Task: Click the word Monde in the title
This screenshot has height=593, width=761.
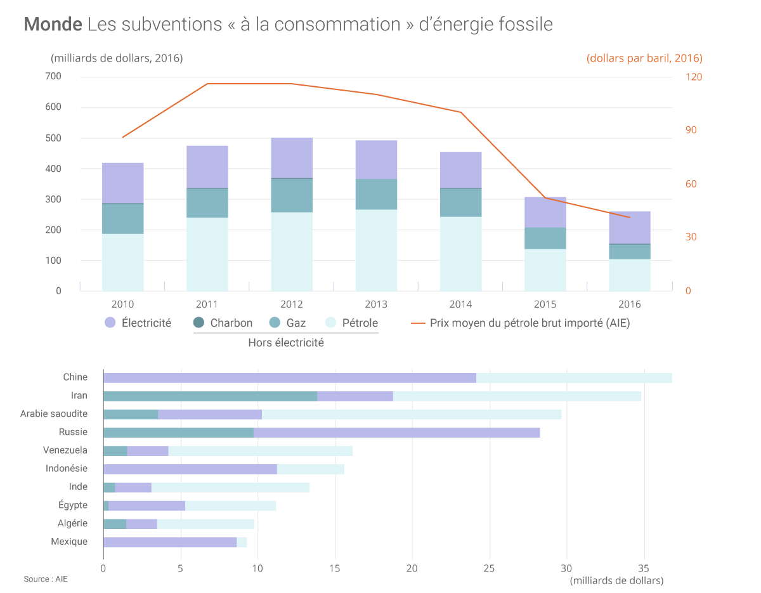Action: tap(53, 24)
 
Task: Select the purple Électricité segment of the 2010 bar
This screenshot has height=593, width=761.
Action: tap(122, 183)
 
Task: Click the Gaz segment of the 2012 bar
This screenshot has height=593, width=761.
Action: tap(292, 195)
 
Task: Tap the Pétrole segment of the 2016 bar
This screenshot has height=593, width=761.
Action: tap(630, 275)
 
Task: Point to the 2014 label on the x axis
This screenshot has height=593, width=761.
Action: tap(460, 304)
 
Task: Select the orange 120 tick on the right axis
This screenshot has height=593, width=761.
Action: tap(694, 77)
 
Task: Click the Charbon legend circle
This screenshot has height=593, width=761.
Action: tap(199, 323)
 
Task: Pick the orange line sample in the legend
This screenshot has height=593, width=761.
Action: tap(417, 323)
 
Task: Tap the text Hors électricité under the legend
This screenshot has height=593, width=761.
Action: tap(286, 342)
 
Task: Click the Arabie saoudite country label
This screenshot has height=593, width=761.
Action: tap(54, 414)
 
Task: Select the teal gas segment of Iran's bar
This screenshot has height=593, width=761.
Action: tap(210, 396)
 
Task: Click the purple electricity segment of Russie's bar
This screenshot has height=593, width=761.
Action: tap(396, 433)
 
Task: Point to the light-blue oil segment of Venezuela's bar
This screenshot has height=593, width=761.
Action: tap(260, 451)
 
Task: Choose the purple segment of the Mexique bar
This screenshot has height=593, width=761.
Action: tap(169, 542)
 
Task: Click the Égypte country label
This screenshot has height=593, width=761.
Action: tap(72, 505)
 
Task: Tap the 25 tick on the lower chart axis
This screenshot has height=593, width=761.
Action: tap(489, 568)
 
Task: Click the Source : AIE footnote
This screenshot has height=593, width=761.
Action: tap(46, 579)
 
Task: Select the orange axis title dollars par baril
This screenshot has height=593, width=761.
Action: tap(644, 58)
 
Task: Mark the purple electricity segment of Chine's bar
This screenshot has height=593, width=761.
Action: tap(289, 378)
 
